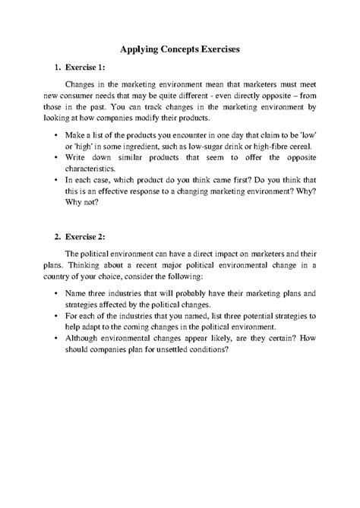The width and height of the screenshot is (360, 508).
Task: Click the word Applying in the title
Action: (x=142, y=48)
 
